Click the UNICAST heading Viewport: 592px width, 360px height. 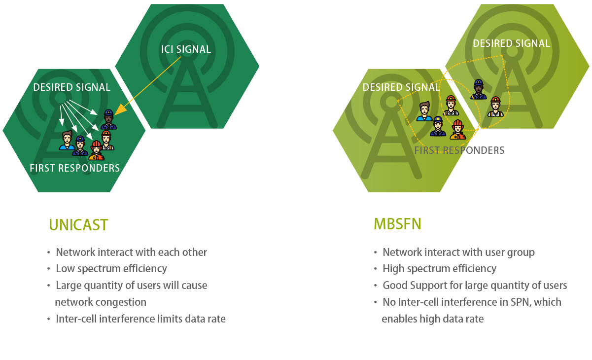pos(78,225)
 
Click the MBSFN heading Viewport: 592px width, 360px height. pos(397,224)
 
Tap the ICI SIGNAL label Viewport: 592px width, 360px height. pos(186,49)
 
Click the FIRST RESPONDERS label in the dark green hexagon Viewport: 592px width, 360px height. pos(75,168)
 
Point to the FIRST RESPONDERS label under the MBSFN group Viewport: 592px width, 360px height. pos(459,150)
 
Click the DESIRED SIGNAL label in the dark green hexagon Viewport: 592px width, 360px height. pos(72,87)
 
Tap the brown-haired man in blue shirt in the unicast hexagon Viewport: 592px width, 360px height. pos(67,141)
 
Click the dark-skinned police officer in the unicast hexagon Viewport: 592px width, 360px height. pos(108,120)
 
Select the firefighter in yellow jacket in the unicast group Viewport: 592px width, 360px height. pos(96,150)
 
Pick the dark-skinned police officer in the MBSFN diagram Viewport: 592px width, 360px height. pos(478,89)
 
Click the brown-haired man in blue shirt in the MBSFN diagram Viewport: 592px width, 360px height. pos(424,111)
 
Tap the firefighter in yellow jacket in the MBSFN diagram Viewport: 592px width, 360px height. pos(458,130)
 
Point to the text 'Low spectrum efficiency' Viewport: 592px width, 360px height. pos(111,269)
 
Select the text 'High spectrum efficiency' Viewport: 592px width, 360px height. pos(439,269)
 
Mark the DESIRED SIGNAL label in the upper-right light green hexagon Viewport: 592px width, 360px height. pos(512,43)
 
